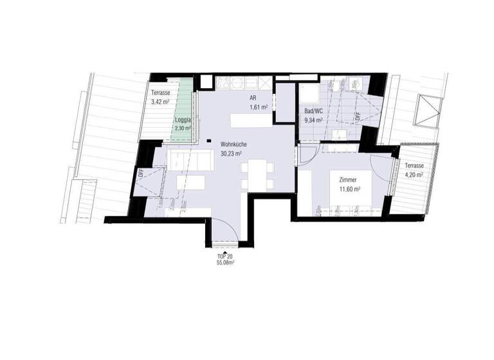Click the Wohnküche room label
231,145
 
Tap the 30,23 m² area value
231,154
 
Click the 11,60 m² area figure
349,190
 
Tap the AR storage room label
254,98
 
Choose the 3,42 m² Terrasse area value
160,102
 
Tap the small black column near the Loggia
210,141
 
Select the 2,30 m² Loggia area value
183,128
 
